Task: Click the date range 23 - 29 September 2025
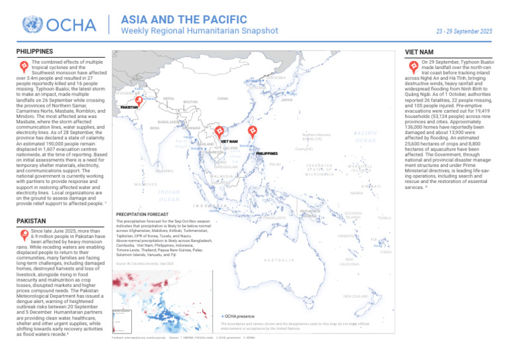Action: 464,31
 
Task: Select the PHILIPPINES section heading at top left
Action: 34,51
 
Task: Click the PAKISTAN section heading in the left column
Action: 30,219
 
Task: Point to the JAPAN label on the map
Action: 286,100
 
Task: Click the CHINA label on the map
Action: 223,98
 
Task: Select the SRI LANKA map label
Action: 164,171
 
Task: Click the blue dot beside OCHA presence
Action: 222,318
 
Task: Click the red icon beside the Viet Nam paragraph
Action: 413,66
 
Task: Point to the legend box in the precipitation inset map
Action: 122,320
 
